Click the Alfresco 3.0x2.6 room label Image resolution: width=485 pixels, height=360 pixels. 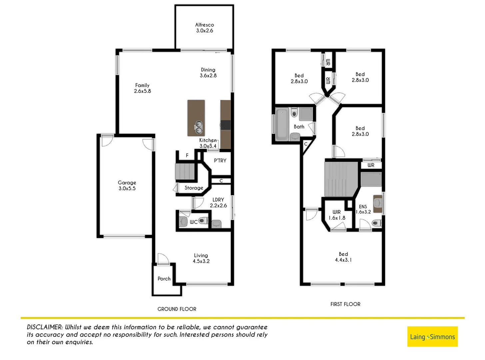click(205, 28)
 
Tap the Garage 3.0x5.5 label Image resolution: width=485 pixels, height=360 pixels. click(127, 185)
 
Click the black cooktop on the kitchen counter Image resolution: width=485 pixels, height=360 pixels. click(226, 125)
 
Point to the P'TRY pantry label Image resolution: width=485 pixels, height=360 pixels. click(220, 161)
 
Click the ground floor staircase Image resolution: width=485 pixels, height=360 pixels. click(185, 171)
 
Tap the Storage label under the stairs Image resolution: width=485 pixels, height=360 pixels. click(194, 188)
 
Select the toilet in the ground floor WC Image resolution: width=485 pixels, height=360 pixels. click(203, 221)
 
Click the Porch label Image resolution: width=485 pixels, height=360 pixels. click(164, 279)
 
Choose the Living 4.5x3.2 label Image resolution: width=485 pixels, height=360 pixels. click(201, 258)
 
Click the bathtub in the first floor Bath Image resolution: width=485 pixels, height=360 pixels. click(282, 124)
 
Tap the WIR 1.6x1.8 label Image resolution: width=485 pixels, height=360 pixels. click(337, 215)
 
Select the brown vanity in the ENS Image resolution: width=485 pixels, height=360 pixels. click(377, 204)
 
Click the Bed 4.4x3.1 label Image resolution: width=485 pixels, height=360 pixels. click(343, 257)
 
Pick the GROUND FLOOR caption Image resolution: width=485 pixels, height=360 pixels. click(177, 309)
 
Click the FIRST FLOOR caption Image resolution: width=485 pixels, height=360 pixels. click(345, 304)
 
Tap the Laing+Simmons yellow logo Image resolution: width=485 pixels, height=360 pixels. click(432, 337)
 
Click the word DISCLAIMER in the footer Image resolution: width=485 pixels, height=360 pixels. click(45, 327)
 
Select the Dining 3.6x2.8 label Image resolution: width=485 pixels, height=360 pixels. click(208, 73)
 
